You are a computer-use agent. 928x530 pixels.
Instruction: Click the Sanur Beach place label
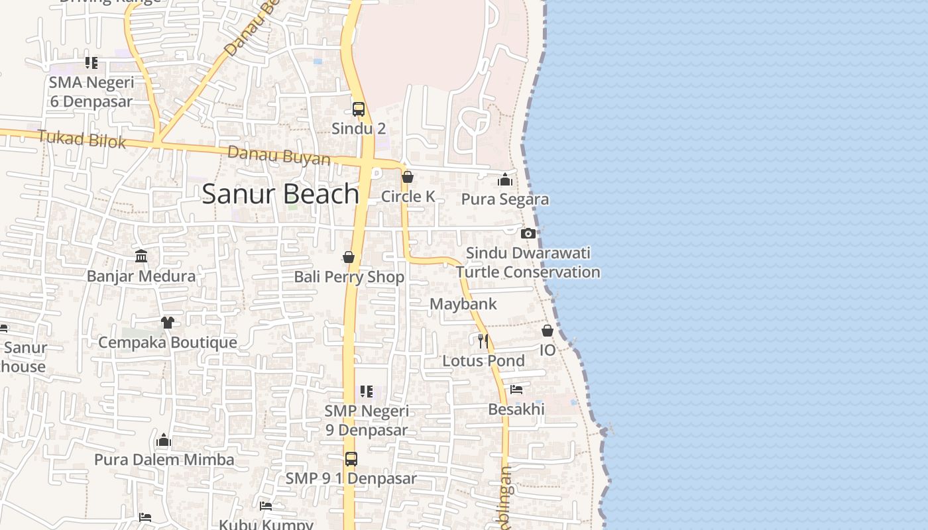click(280, 193)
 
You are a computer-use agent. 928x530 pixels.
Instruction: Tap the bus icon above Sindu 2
click(359, 109)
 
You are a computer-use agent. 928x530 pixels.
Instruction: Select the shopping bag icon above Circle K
click(408, 178)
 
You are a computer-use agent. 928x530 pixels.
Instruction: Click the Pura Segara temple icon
click(505, 180)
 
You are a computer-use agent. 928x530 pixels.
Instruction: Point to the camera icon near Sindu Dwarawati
click(528, 233)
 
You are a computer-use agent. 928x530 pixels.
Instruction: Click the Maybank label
click(463, 304)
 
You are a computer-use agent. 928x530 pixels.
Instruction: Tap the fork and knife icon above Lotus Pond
click(483, 341)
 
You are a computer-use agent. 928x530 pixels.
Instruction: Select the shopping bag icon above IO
click(548, 331)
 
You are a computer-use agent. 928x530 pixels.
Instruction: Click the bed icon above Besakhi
click(516, 390)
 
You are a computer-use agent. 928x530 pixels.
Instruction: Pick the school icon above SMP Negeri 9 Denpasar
click(367, 392)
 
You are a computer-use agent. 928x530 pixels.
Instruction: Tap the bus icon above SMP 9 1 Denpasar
click(351, 458)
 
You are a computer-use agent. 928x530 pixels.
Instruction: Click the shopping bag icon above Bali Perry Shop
click(349, 257)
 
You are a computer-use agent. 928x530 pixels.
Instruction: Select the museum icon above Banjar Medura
click(141, 256)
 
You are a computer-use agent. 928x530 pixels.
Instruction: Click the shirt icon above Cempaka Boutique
click(167, 323)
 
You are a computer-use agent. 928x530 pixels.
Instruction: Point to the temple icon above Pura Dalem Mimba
click(164, 440)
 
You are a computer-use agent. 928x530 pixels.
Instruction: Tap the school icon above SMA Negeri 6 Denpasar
click(91, 63)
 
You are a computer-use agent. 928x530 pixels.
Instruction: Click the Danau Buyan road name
click(279, 156)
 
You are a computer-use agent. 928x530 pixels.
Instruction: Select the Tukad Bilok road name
click(82, 139)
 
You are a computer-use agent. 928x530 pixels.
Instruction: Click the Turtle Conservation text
click(528, 272)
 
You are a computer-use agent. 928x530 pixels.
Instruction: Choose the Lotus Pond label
click(483, 361)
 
